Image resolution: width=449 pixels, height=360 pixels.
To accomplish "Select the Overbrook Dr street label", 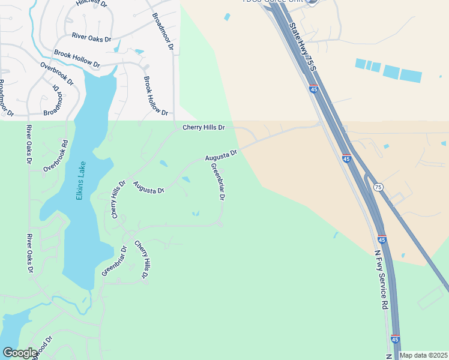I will tap(56, 73).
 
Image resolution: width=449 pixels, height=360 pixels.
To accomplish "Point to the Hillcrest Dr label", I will tap(91, 3).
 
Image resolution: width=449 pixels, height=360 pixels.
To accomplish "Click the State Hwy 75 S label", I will tap(302, 45).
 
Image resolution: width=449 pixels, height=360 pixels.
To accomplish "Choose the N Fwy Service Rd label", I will tap(381, 280).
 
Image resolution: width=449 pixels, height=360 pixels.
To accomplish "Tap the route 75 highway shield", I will tap(378, 187).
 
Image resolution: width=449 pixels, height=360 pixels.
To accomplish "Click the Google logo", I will tap(20, 353).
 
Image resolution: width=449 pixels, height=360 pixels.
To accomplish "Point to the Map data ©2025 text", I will tap(424, 355).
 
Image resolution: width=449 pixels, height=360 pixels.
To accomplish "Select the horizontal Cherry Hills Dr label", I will tap(203, 128).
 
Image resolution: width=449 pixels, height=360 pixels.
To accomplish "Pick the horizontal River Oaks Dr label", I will tap(91, 38).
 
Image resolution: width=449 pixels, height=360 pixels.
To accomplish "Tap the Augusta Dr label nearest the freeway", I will tap(221, 156).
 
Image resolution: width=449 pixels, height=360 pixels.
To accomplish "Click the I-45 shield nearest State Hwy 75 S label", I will tap(314, 89).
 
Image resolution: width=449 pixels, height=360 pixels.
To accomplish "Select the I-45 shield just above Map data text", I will tap(394, 340).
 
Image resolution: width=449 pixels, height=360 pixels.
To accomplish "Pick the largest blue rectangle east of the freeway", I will tap(411, 76).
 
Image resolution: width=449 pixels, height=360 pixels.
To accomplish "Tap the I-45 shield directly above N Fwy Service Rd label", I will tap(382, 239).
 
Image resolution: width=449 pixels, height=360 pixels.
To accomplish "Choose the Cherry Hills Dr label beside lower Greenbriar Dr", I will tap(140, 260).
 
